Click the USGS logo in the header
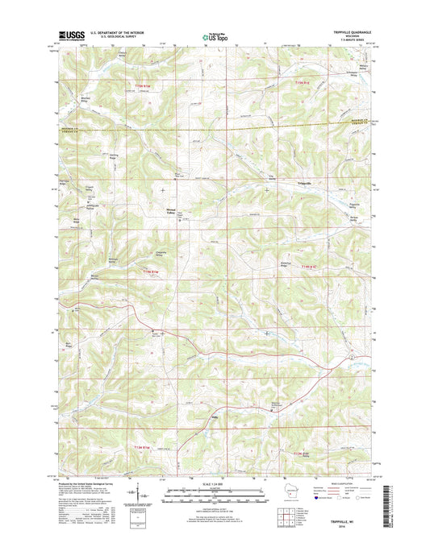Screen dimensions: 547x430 pos(70,35)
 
